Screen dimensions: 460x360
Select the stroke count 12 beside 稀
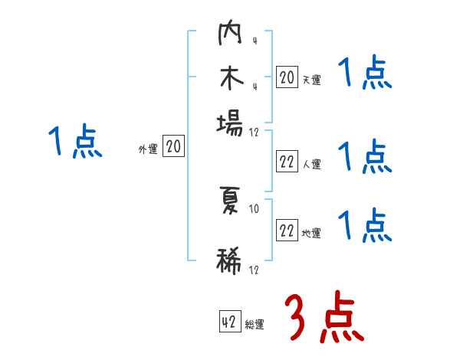(254, 270)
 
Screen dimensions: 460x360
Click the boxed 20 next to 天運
(287, 77)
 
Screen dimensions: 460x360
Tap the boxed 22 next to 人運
(287, 162)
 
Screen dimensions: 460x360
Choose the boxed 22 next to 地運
(287, 231)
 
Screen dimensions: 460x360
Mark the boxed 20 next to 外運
(173, 147)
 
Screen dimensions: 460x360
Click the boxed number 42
(229, 322)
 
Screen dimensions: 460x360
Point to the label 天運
(311, 80)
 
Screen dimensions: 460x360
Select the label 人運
(311, 164)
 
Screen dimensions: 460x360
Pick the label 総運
(255, 325)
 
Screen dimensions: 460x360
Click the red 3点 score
(324, 317)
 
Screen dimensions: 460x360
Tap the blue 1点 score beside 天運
(365, 74)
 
